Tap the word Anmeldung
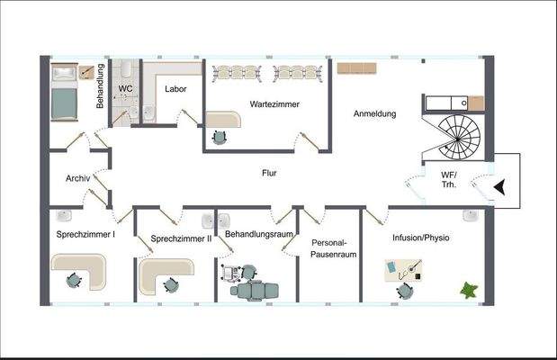click(x=374, y=114)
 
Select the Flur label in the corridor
click(x=269, y=172)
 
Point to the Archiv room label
click(x=77, y=178)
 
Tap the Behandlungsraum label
click(x=259, y=234)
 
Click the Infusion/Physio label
click(x=421, y=238)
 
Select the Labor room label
click(x=175, y=88)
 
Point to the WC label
click(x=127, y=88)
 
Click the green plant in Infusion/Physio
click(x=469, y=290)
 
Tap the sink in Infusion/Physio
click(x=470, y=216)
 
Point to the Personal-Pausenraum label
click(x=335, y=248)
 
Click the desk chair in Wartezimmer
click(x=219, y=137)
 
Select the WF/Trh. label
click(x=449, y=179)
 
